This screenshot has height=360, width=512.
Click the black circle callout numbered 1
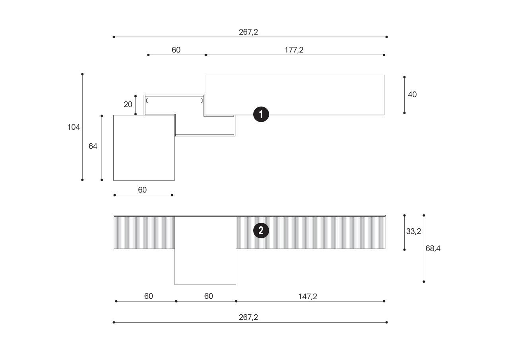[261, 115]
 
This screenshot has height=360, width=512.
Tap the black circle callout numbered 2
[261, 231]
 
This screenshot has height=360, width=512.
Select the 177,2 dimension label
[294, 50]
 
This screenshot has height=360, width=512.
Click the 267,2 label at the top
[248, 32]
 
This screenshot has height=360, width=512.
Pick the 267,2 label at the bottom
[248, 317]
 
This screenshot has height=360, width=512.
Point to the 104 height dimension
[74, 127]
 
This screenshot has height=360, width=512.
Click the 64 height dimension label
[93, 146]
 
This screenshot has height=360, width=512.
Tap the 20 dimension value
[128, 105]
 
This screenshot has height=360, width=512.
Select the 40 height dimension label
[413, 95]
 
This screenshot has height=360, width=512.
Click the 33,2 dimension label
[413, 232]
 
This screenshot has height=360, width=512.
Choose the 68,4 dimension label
[433, 249]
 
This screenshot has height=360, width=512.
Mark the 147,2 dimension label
[308, 296]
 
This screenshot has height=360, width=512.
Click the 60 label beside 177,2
[176, 50]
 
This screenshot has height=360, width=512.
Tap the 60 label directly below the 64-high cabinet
[142, 190]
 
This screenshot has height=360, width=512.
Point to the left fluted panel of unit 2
[144, 233]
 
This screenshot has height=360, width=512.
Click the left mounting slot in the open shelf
[147, 101]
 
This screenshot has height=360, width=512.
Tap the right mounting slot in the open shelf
[202, 101]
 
